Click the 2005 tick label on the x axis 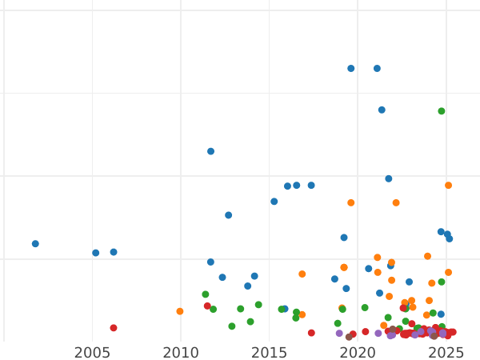[92, 352]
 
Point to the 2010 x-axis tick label [181, 352]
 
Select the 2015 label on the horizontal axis [269, 352]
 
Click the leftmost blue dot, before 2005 [35, 244]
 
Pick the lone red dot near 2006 [114, 328]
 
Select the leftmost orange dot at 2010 [180, 311]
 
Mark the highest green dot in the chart [442, 111]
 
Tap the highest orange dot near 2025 [449, 186]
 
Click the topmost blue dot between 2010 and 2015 [211, 151]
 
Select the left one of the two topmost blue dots [351, 69]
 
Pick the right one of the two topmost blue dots [378, 69]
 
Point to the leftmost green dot [206, 294]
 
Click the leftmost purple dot [339, 334]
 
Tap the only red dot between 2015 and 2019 [312, 333]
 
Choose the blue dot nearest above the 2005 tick [96, 253]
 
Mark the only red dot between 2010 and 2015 [207, 306]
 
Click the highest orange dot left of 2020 [351, 203]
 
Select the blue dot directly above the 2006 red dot [114, 252]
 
